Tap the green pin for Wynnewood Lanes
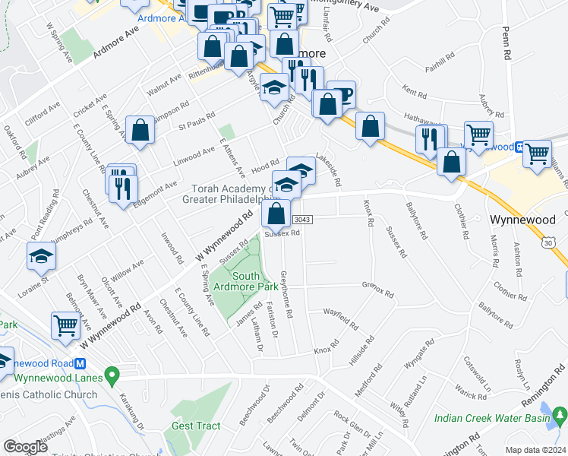[x=112, y=375]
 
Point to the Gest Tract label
[x=196, y=426]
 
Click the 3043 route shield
[x=301, y=220]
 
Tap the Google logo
[x=25, y=447]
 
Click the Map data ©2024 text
[x=535, y=450]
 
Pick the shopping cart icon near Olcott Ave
[x=66, y=326]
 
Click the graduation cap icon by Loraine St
[x=41, y=257]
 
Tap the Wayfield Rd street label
[x=340, y=318]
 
